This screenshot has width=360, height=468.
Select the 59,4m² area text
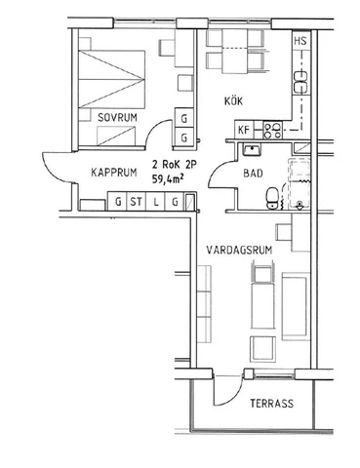tap(172, 179)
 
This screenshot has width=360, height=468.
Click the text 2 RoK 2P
tap(172, 166)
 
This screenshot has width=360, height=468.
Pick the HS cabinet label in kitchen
tap(301, 41)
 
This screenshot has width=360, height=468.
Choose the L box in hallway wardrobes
tap(156, 203)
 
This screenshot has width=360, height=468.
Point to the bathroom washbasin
tap(252, 149)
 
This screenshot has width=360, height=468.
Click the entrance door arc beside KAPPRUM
tap(57, 170)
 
